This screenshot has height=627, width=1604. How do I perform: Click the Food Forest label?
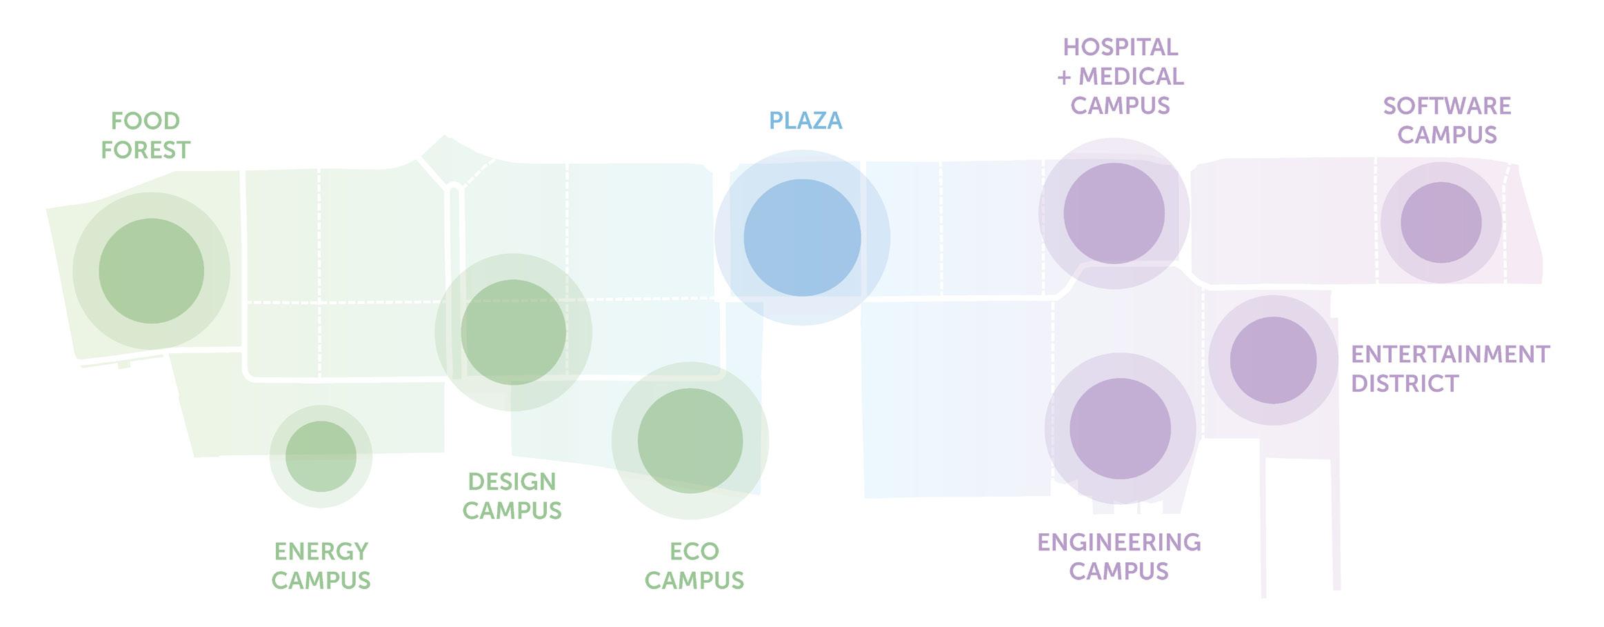pyautogui.click(x=146, y=135)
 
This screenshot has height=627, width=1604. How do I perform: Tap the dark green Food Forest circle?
pyautogui.click(x=151, y=271)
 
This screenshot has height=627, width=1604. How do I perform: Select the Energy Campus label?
pyautogui.click(x=321, y=566)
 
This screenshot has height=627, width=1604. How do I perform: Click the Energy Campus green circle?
pyautogui.click(x=321, y=457)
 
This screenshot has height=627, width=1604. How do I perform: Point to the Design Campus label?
pyautogui.click(x=512, y=496)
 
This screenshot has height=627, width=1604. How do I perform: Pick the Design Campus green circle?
pyautogui.click(x=513, y=332)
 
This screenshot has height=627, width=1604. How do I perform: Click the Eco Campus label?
pyautogui.click(x=694, y=566)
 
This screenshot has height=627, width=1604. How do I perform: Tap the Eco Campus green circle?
pyautogui.click(x=690, y=441)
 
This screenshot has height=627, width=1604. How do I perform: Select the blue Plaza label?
pyautogui.click(x=805, y=121)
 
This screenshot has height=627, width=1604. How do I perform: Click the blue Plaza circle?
pyautogui.click(x=802, y=238)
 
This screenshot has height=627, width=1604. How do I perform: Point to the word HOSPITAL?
pyautogui.click(x=1121, y=47)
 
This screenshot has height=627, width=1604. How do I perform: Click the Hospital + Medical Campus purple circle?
pyautogui.click(x=1114, y=214)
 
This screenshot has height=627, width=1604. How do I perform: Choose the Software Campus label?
pyautogui.click(x=1447, y=120)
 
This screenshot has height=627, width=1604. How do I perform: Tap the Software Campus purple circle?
pyautogui.click(x=1441, y=223)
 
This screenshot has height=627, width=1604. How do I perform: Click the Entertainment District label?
pyautogui.click(x=1450, y=368)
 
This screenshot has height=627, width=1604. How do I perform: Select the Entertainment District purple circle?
pyautogui.click(x=1273, y=361)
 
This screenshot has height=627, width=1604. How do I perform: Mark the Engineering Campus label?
pyautogui.click(x=1119, y=557)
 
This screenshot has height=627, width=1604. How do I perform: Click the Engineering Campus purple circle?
pyautogui.click(x=1120, y=429)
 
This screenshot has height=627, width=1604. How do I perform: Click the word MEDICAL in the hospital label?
pyautogui.click(x=1131, y=77)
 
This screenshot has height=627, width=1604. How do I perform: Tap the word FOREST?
pyautogui.click(x=146, y=150)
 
